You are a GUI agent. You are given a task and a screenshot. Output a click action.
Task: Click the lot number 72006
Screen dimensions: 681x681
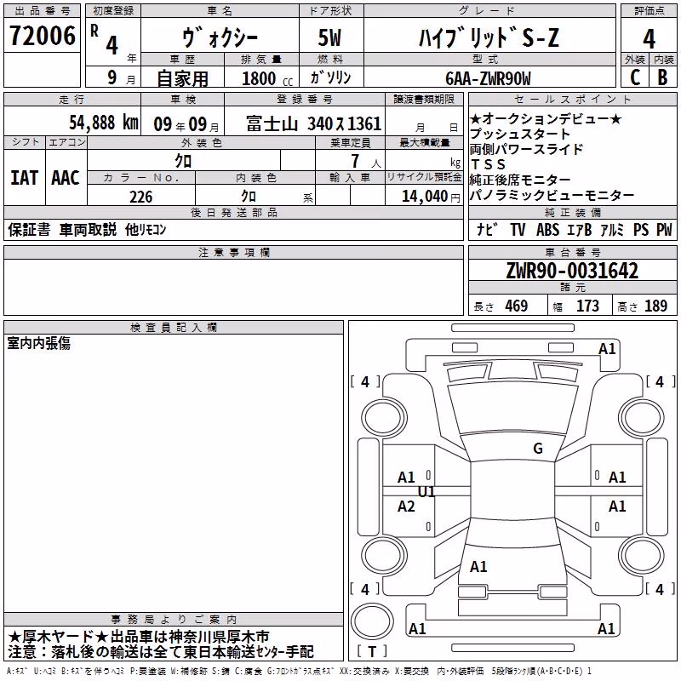tap(43, 36)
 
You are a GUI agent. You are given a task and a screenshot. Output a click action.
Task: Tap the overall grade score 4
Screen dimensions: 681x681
tap(649, 39)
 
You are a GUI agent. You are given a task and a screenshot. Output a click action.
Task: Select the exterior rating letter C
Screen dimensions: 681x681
tap(635, 77)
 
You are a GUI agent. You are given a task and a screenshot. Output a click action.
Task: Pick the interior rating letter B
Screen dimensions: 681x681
tap(663, 77)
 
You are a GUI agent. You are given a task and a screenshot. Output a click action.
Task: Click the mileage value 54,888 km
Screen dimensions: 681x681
tap(104, 123)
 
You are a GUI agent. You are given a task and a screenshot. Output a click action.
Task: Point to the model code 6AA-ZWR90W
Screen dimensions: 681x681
tap(488, 78)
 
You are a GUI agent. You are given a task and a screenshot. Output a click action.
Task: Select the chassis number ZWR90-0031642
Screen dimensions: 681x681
tap(572, 271)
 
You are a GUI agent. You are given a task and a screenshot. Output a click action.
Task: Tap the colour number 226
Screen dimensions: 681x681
tap(141, 197)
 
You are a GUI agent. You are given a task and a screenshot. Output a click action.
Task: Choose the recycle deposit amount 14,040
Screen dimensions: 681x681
tap(425, 197)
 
